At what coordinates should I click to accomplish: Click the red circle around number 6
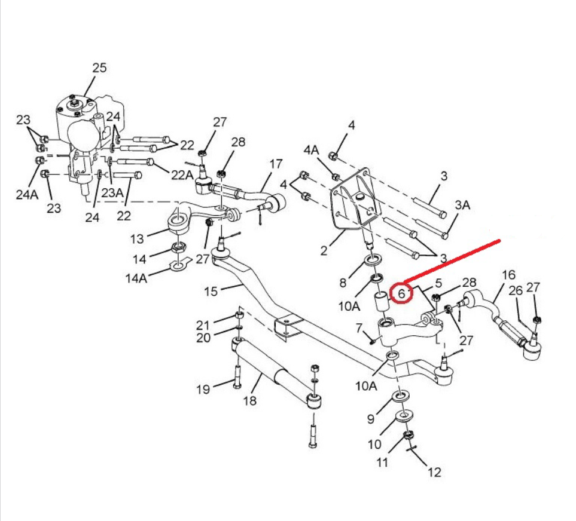(x=402, y=293)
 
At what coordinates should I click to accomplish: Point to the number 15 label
(x=211, y=291)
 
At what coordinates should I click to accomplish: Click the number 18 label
(x=249, y=400)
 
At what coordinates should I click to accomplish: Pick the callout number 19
(x=203, y=390)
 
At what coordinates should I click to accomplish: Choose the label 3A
(x=462, y=206)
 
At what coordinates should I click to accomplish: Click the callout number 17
(x=275, y=164)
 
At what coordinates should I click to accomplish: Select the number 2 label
(x=324, y=251)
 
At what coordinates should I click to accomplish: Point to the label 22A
(x=183, y=175)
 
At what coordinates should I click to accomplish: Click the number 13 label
(x=137, y=239)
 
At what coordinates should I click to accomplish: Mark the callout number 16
(x=508, y=275)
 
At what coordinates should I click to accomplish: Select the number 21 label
(x=203, y=325)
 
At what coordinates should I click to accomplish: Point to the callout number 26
(x=516, y=291)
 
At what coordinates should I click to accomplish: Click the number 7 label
(x=359, y=328)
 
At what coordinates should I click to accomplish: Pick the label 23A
(x=112, y=193)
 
